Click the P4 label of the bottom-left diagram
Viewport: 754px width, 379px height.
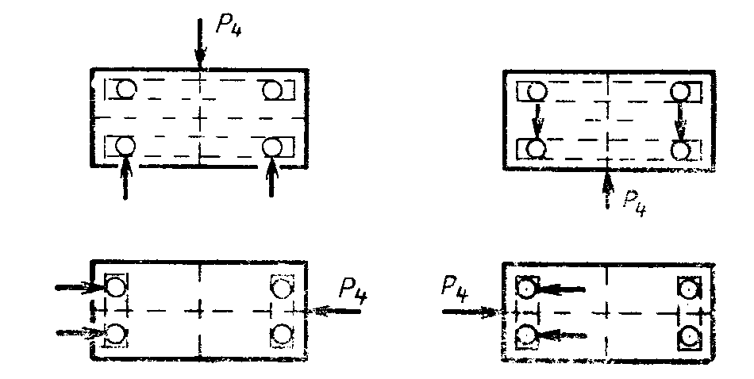point(352,289)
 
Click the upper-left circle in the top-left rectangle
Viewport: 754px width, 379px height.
point(125,88)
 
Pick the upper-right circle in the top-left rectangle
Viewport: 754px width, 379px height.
point(272,89)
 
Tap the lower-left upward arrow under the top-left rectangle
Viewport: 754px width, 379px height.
point(125,178)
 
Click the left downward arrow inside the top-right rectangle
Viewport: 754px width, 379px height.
point(537,119)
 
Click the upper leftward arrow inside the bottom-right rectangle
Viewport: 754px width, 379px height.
point(562,290)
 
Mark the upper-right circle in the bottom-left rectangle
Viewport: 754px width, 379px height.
point(278,285)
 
